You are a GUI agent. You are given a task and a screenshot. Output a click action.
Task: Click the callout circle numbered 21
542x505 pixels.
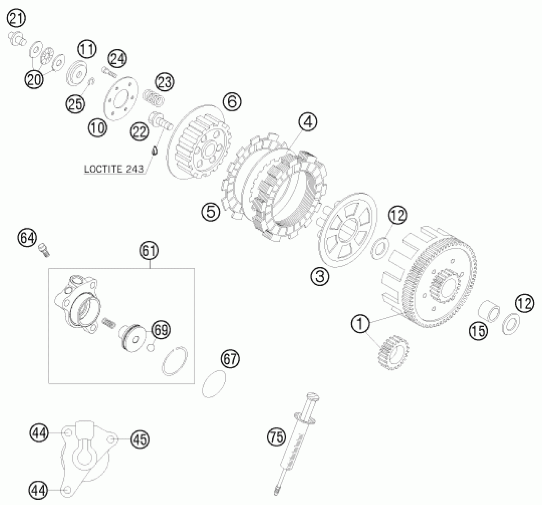(16, 19)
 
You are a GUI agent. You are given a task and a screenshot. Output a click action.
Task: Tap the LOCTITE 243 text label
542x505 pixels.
(114, 169)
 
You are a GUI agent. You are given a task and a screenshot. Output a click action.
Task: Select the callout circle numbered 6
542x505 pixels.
(232, 102)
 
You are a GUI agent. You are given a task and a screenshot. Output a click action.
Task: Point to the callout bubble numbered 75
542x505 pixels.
(276, 437)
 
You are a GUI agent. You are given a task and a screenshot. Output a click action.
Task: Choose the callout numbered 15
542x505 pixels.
(478, 331)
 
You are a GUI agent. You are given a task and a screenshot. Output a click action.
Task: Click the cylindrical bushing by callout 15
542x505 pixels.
(488, 311)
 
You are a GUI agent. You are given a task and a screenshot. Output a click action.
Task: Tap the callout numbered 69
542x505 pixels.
(161, 330)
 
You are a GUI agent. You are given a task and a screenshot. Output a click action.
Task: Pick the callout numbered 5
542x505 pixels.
(211, 212)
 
